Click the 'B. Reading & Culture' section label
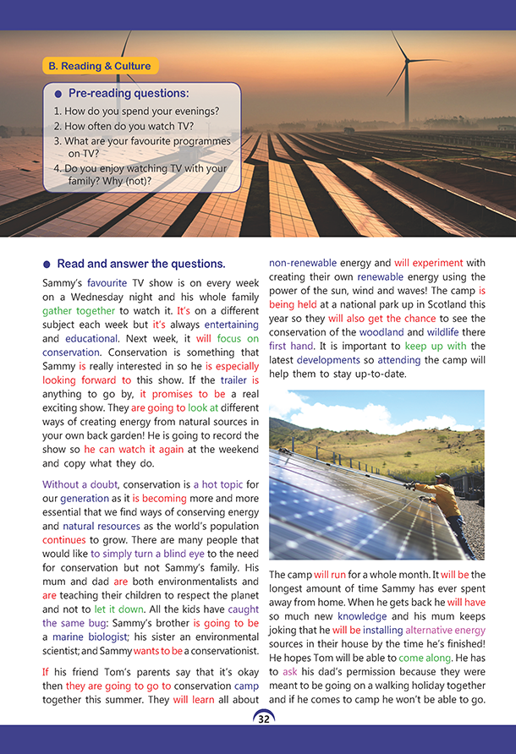(99, 66)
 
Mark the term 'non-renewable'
(303, 262)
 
